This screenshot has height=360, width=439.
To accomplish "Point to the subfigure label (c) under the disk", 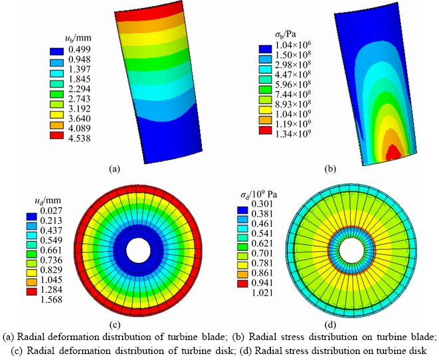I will (115, 325).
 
